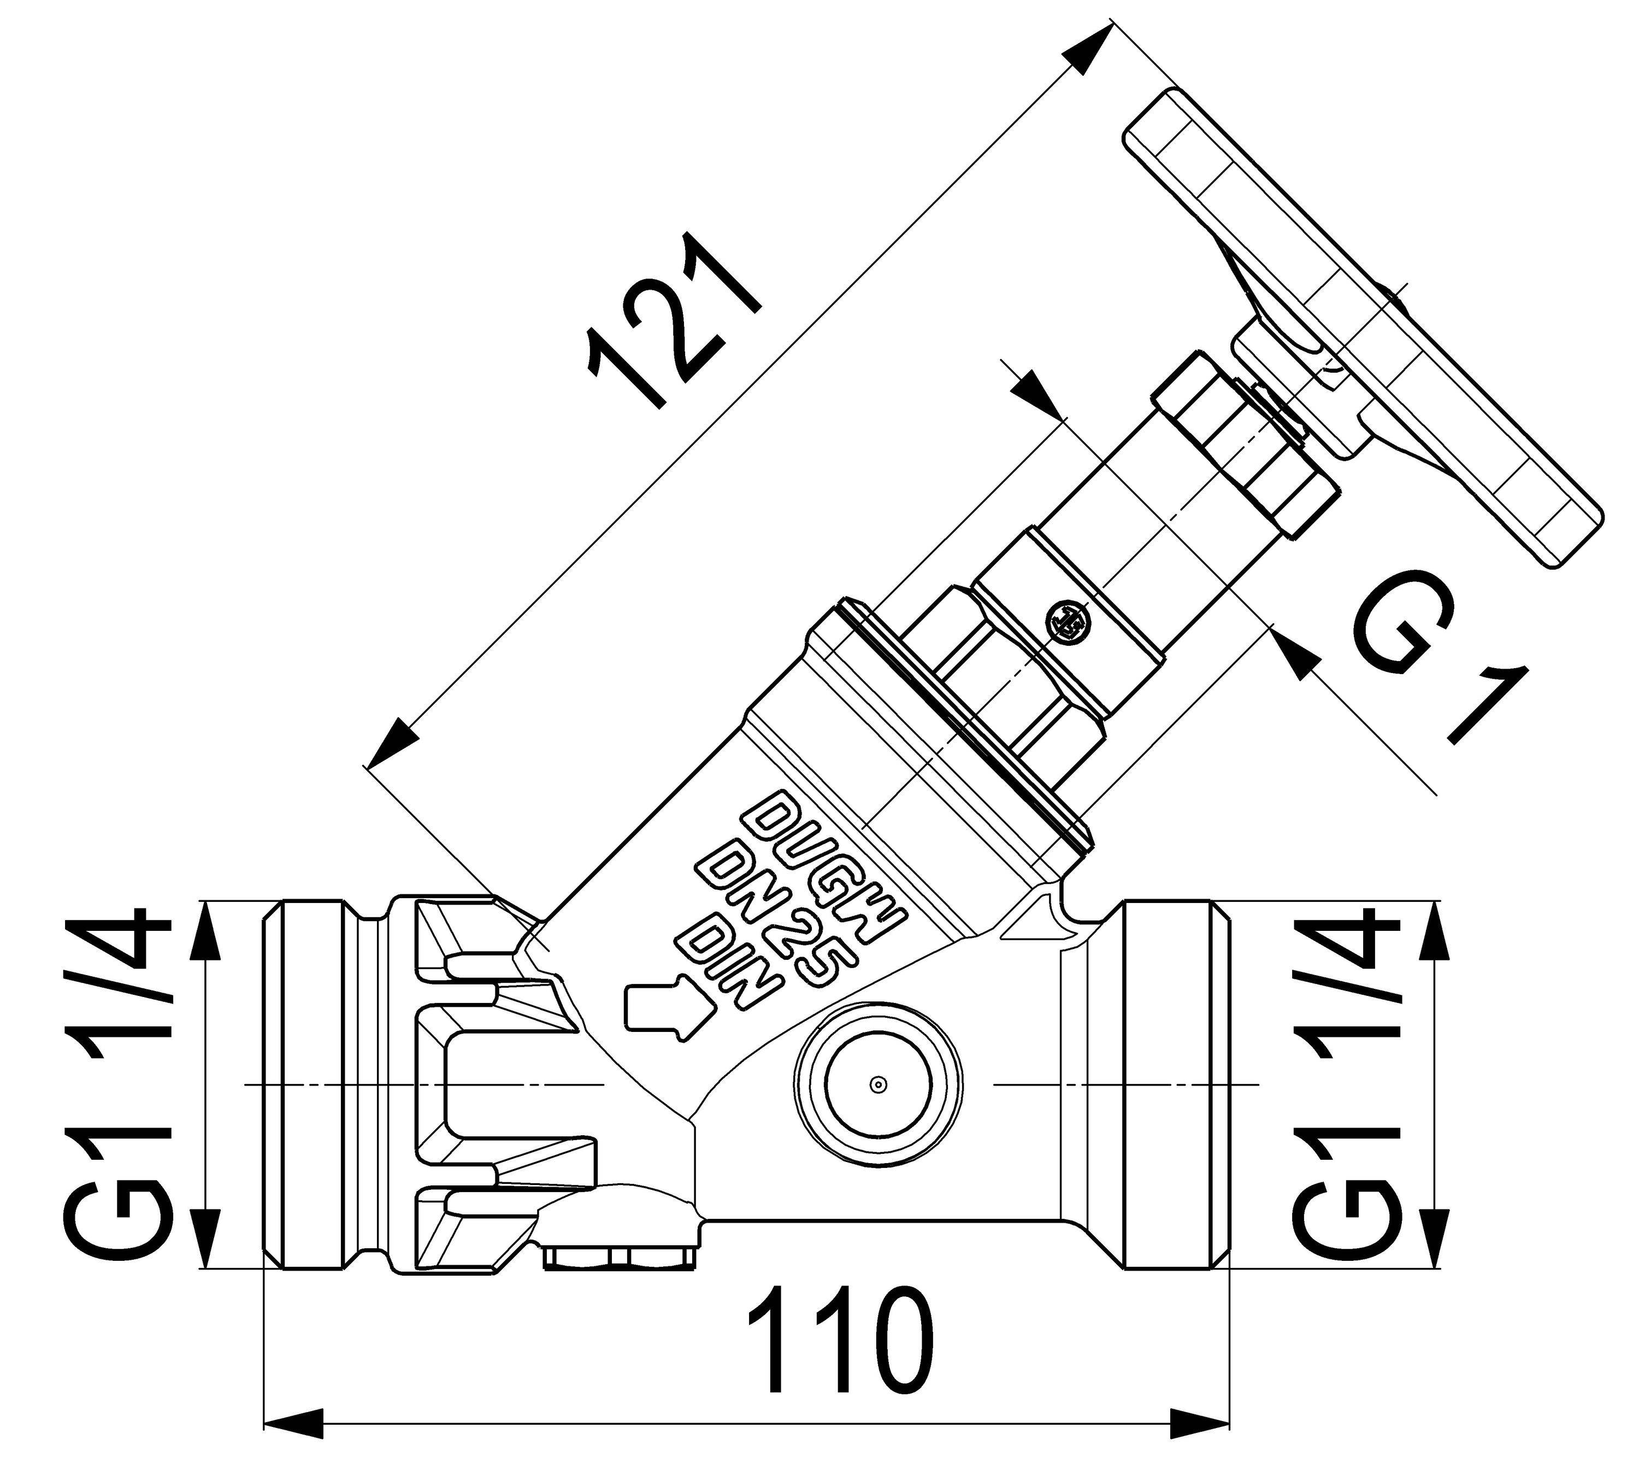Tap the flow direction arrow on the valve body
point(667,1005)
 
